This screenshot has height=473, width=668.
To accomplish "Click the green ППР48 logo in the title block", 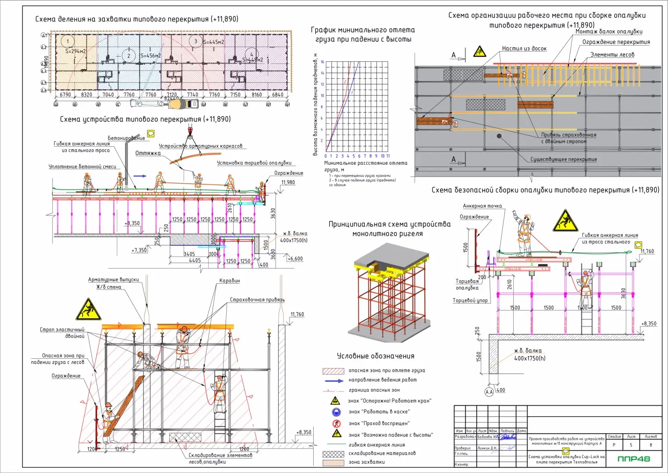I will point(633,459).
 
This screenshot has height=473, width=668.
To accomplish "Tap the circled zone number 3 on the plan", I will point(196,41).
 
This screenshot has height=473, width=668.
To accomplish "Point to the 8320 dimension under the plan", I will point(87,95).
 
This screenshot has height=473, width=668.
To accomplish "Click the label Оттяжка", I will point(148,153).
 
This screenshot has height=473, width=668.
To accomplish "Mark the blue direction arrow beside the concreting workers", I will point(140,176).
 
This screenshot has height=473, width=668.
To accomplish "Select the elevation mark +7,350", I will point(139,251).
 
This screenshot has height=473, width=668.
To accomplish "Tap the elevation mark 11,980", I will point(288,183).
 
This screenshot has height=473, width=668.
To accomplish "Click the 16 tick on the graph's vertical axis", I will point(322,62).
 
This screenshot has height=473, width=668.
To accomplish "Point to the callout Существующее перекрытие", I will point(563,159).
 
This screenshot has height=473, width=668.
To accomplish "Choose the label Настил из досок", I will point(524,49).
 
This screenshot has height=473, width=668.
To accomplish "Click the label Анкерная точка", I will point(482,206).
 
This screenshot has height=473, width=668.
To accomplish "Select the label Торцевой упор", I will point(470,300).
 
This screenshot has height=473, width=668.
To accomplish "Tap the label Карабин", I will point(230,281).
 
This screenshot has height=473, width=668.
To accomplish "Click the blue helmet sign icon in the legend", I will point(336,412).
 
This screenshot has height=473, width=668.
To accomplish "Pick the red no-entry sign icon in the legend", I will point(336,423).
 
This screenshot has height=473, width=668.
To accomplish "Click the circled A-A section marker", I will point(489,392).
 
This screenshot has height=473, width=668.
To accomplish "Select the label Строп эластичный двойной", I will point(62,333).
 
